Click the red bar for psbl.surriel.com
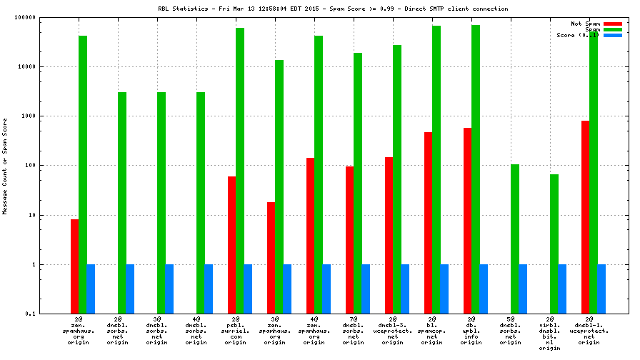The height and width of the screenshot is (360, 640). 231,245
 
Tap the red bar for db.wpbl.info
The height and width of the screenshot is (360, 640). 467,221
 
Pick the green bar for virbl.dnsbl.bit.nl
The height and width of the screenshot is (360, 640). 554,244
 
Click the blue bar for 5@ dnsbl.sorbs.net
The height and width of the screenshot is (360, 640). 523,289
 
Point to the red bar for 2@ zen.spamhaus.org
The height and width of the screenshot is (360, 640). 74,266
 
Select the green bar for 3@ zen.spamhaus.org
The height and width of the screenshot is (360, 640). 279,186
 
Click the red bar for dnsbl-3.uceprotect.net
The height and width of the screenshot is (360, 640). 389,235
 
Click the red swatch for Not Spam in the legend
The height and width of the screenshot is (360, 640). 613,24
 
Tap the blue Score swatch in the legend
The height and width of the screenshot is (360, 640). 613,35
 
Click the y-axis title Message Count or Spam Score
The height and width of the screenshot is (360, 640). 5,165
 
